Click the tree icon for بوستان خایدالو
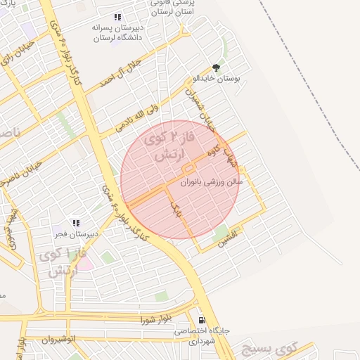tap(216, 68)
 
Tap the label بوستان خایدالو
tap(218, 80)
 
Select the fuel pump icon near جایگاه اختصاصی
tap(202, 319)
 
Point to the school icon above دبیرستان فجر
tap(76, 223)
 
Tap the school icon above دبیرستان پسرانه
tap(117, 17)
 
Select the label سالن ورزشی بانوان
tap(212, 181)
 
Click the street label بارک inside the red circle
tap(176, 206)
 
